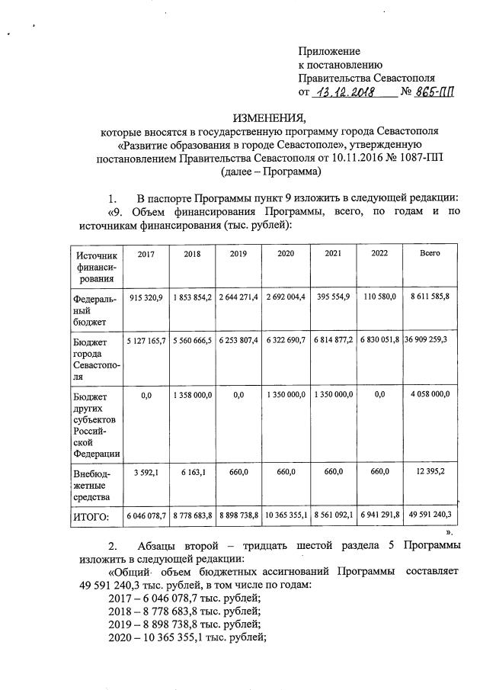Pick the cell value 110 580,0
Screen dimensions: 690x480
[x=380, y=297]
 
